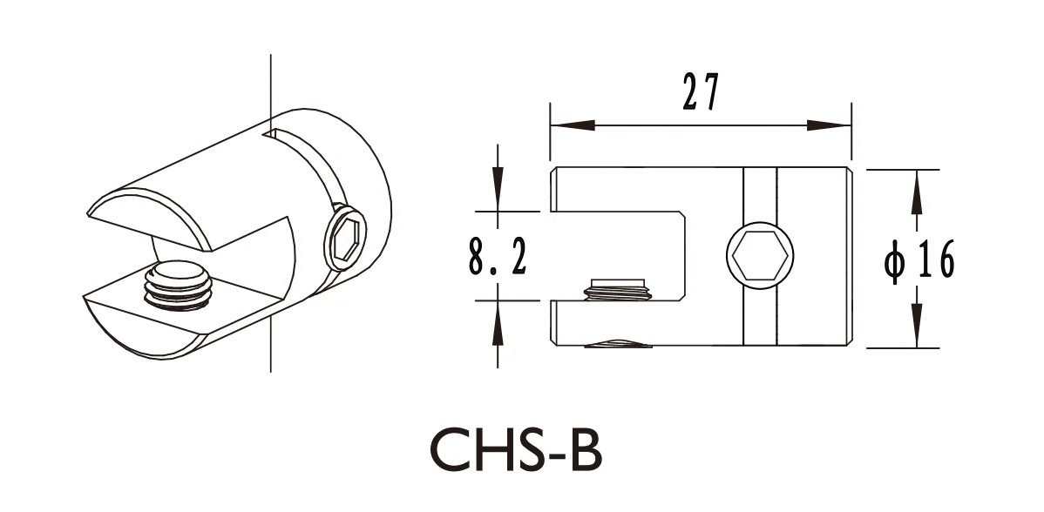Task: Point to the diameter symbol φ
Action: [x=895, y=260]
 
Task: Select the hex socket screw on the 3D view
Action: [x=346, y=237]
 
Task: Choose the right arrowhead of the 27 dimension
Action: [x=828, y=125]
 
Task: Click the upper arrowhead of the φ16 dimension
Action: [x=916, y=193]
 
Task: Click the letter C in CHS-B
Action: [x=452, y=451]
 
